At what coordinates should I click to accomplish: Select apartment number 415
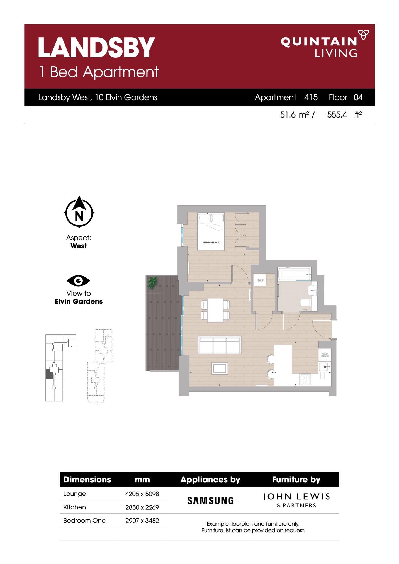(x=311, y=97)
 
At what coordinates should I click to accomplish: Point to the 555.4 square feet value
(x=337, y=115)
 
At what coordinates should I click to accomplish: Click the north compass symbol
(x=79, y=213)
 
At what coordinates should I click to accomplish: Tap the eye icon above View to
(x=78, y=280)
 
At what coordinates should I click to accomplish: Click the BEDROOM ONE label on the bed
(x=211, y=243)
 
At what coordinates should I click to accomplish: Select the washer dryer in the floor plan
(x=260, y=280)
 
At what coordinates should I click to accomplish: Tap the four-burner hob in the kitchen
(x=305, y=380)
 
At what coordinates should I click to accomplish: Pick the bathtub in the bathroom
(x=294, y=274)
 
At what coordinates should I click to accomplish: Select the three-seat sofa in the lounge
(x=219, y=345)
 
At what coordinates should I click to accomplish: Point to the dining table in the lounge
(x=215, y=310)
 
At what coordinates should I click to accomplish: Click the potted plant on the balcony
(x=152, y=282)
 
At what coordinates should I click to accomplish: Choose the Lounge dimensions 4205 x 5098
(x=142, y=494)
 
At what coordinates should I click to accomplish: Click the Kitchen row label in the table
(x=74, y=507)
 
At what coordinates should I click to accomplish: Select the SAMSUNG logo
(x=210, y=500)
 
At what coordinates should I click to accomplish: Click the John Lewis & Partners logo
(x=296, y=500)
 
